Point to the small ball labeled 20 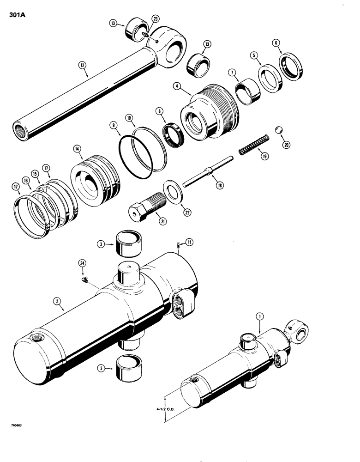coord(278,129)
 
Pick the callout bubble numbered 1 coord(260,316)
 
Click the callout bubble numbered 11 coord(190,241)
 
